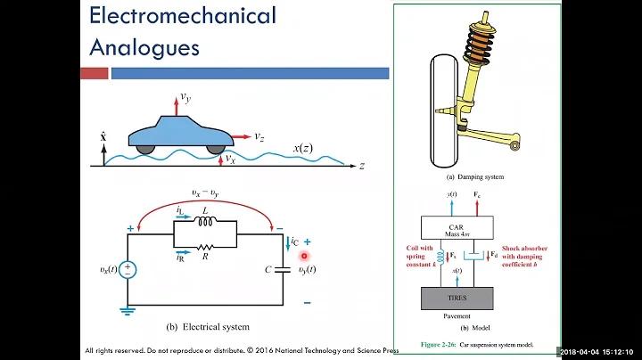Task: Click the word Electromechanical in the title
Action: click(184, 16)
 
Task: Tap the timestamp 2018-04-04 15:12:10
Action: click(599, 351)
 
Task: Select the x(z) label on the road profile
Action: click(304, 147)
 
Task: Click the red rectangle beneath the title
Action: click(94, 73)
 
